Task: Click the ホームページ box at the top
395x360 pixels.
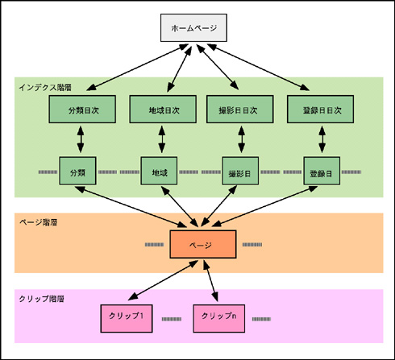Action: pos(193,28)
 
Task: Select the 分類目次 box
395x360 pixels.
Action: pos(82,110)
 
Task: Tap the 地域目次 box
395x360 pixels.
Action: pos(163,110)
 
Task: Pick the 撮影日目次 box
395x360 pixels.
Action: pos(240,110)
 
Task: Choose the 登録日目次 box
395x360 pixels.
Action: pos(320,110)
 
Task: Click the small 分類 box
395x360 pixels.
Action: pos(77,171)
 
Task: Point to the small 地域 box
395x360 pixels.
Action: pos(159,171)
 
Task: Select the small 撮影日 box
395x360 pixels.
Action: pos(240,171)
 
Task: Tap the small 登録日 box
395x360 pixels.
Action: pos(322,171)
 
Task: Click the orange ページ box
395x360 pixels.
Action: pos(203,244)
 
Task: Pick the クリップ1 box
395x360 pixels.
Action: pos(127,319)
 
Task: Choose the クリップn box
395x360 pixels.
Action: pos(219,319)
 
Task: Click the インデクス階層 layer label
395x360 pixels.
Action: pos(45,88)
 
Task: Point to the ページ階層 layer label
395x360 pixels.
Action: pos(39,222)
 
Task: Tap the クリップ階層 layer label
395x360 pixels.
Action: pos(42,299)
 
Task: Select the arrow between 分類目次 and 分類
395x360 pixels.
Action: pos(81,139)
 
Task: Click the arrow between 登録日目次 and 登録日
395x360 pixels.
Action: pos(322,139)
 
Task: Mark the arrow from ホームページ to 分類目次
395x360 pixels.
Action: pos(137,67)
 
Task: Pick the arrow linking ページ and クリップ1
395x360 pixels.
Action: pos(163,280)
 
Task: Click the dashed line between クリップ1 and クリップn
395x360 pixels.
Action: pos(172,319)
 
